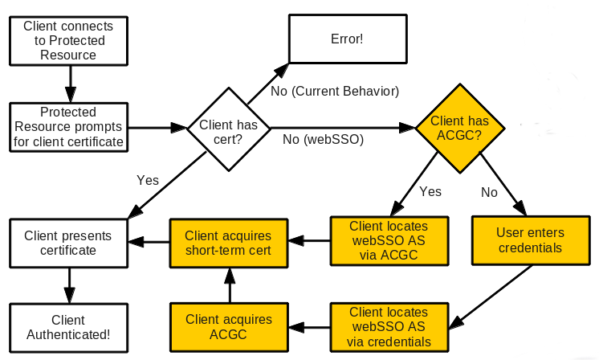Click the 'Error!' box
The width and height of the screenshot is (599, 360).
(x=346, y=39)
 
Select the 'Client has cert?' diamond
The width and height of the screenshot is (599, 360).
(x=228, y=127)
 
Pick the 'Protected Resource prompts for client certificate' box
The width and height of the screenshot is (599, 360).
(x=68, y=127)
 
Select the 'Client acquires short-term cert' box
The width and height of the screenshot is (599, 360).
(x=228, y=243)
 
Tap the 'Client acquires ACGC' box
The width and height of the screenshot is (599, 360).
(x=228, y=327)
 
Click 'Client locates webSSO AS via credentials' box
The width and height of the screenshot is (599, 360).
(x=389, y=327)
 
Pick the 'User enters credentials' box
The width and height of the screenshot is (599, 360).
(x=530, y=240)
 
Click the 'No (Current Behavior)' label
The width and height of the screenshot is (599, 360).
(x=335, y=92)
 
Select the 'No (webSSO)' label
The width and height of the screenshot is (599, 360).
(x=323, y=140)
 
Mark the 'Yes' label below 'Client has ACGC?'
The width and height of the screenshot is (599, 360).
(x=430, y=192)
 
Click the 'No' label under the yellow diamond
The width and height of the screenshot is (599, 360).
(x=490, y=192)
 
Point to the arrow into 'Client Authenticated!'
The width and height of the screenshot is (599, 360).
(x=68, y=285)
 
